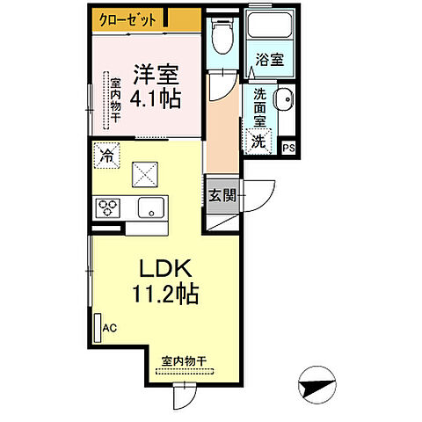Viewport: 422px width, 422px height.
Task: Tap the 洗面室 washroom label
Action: pos(263,106)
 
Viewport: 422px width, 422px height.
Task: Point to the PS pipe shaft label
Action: pos(288,148)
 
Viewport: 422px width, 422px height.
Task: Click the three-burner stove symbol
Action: pos(108,207)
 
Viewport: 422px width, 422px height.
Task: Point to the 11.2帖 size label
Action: pos(165,295)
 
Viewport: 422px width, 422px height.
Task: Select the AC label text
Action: pos(110,328)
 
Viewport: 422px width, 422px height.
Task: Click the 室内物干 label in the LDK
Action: pos(184,360)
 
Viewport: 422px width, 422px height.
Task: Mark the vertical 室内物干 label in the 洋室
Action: pos(114,101)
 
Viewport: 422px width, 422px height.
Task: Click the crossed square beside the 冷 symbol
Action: pos(144,175)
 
